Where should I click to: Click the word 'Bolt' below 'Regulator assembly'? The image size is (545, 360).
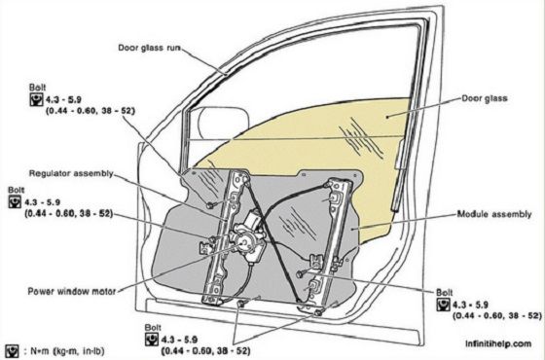pyautogui.click(x=15, y=191)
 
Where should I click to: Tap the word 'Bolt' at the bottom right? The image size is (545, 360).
pyautogui.click(x=445, y=292)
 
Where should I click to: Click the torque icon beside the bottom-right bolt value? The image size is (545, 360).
pyautogui.click(x=445, y=305)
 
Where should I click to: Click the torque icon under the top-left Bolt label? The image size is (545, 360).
pyautogui.click(x=38, y=99)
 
